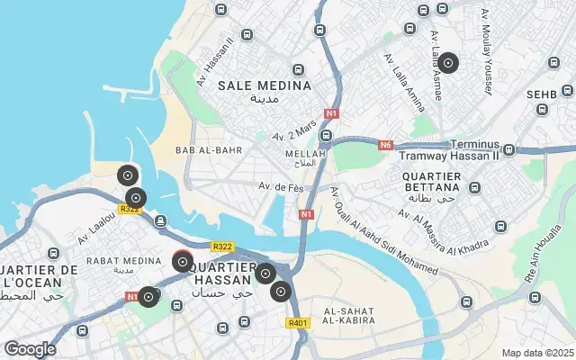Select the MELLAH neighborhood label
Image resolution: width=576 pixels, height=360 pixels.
pos(300,154)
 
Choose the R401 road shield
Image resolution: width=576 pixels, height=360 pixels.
pos(297,323)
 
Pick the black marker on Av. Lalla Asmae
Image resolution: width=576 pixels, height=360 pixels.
pos(447,64)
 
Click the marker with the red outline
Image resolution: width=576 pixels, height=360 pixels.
pos(183,262)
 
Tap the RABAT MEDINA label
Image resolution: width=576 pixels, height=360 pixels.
pos(116,260)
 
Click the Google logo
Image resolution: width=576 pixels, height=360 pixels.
pos(30,349)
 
